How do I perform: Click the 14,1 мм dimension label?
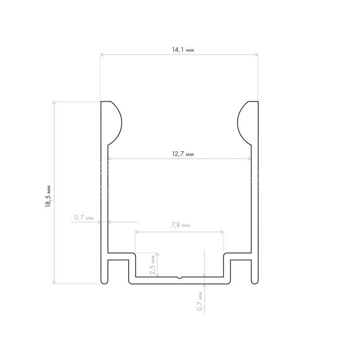tap(183, 49)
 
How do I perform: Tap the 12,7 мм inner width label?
tap(183, 154)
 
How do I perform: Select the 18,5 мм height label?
tap(48, 196)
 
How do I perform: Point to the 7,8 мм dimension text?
tap(181, 225)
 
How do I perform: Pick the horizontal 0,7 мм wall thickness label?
tap(84, 217)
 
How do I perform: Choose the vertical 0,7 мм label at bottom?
tap(200, 301)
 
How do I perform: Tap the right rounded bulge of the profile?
tap(244, 123)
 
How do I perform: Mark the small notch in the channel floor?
tap(180, 278)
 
